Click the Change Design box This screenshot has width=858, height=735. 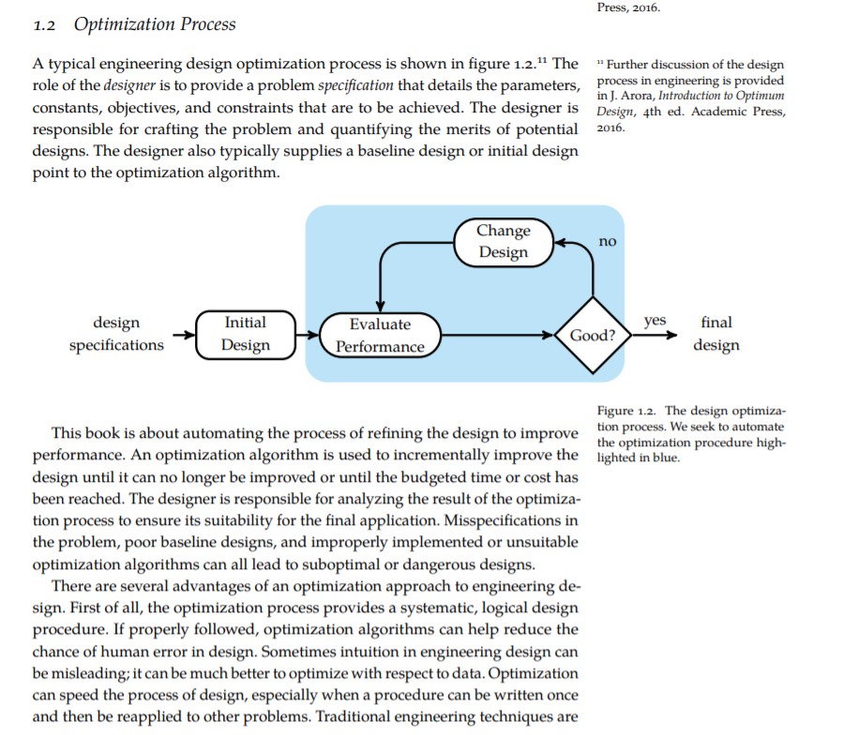pyautogui.click(x=504, y=241)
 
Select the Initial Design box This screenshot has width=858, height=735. pyautogui.click(x=246, y=334)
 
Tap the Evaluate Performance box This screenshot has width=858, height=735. pyautogui.click(x=380, y=335)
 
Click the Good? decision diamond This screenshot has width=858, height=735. pyautogui.click(x=593, y=335)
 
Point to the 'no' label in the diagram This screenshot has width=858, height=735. pyautogui.click(x=608, y=241)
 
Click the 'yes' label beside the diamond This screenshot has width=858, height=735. pyautogui.click(x=655, y=321)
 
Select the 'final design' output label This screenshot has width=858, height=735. pyautogui.click(x=716, y=334)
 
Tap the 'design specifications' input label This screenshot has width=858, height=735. pyautogui.click(x=116, y=334)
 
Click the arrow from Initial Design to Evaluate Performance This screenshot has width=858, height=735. pyautogui.click(x=308, y=334)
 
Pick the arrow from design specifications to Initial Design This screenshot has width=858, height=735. pyautogui.click(x=182, y=334)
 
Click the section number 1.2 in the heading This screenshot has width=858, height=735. pyautogui.click(x=44, y=24)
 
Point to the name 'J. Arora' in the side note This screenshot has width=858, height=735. pyautogui.click(x=627, y=97)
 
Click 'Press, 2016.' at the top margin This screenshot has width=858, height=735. pyautogui.click(x=628, y=7)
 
